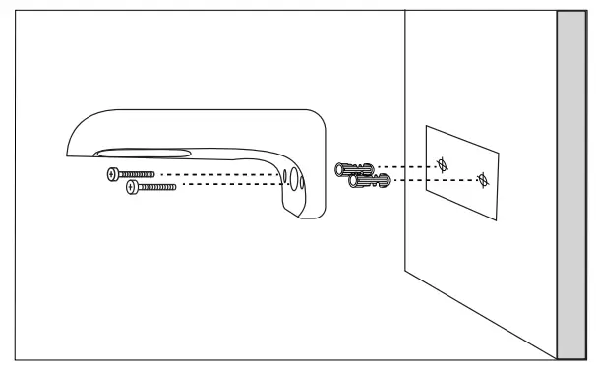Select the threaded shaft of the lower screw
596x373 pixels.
click(157, 185)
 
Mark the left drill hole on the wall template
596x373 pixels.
click(443, 163)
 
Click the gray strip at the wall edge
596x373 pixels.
click(569, 187)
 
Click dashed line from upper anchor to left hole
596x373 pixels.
click(408, 165)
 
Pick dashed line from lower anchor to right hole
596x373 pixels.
click(433, 180)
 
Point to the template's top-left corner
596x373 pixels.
click(425, 127)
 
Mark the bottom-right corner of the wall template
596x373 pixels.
click(498, 218)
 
